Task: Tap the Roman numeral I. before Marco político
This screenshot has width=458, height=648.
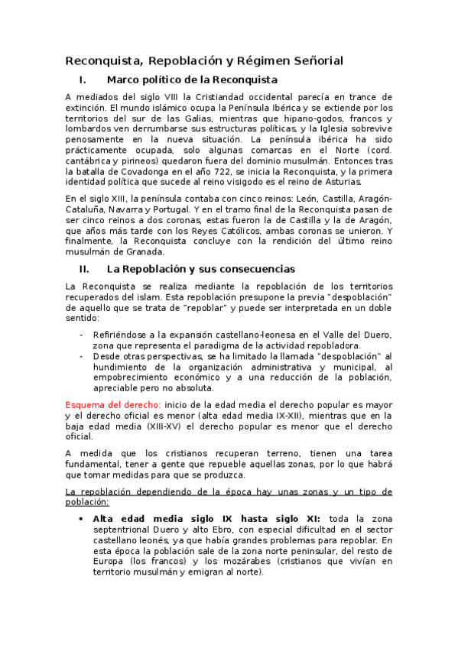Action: click(x=83, y=79)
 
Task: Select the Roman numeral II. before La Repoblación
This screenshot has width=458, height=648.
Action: click(x=84, y=269)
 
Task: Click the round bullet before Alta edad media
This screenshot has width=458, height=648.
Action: click(x=81, y=517)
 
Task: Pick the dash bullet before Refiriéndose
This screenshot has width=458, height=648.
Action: click(x=82, y=335)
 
